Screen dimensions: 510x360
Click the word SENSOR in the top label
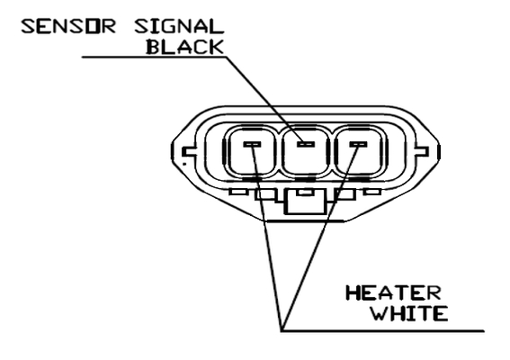pos(68,27)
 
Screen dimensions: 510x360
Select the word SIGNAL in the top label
pos(179,27)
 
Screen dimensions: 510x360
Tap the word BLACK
pos(185,47)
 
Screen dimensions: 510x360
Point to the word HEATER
pos(393,292)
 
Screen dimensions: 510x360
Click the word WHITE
pos(410,313)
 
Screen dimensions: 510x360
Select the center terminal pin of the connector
pos(307,143)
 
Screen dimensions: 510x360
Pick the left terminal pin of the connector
pos(253,143)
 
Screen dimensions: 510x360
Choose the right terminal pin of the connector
pos(358,143)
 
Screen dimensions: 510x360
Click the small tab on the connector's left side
pos(188,152)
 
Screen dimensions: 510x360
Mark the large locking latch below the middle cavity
pos(305,202)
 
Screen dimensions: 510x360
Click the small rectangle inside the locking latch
pos(305,193)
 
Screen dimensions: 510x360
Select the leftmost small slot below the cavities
pos(238,192)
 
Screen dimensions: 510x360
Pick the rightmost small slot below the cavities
pos(372,192)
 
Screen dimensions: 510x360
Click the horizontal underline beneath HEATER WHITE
pos(383,331)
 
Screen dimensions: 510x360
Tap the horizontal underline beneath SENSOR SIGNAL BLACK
pos(154,57)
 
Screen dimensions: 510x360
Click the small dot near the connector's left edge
pos(184,164)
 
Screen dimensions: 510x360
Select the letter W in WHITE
pos(380,313)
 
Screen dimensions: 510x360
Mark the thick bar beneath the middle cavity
pos(305,179)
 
